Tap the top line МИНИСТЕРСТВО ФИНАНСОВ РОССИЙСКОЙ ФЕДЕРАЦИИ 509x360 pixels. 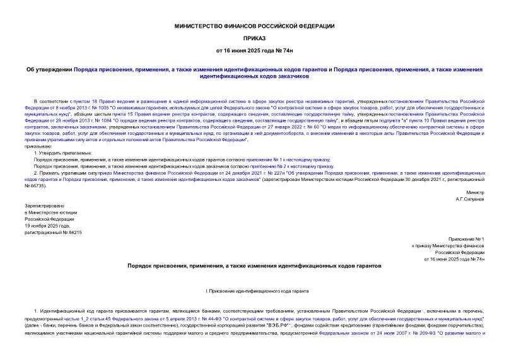tap(254, 25)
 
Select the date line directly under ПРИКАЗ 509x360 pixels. tap(254, 50)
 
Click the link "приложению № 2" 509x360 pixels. tap(269, 166)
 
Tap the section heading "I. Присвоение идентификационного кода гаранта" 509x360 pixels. tap(254, 293)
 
